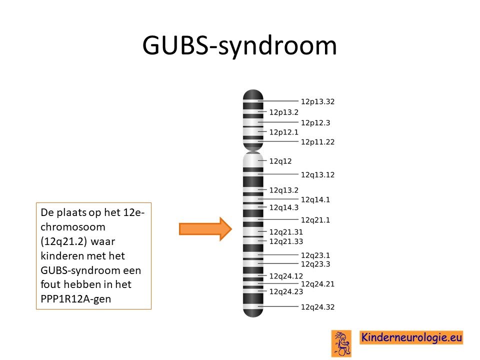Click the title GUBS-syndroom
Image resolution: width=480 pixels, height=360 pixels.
pyautogui.click(x=239, y=46)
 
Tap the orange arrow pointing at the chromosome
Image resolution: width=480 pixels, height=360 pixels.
pyautogui.click(x=205, y=229)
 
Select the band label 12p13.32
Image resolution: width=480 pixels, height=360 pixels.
pyautogui.click(x=317, y=101)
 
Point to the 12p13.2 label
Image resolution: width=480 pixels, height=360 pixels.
pyautogui.click(x=284, y=112)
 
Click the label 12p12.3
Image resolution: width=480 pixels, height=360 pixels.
pyautogui.click(x=315, y=123)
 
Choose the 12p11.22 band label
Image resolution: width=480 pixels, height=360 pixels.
pyautogui.click(x=317, y=142)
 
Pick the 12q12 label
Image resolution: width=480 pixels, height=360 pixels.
pyautogui.click(x=280, y=161)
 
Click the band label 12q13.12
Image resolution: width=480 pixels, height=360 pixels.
pyautogui.click(x=317, y=175)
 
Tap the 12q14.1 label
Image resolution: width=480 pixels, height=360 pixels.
pyautogui.click(x=315, y=200)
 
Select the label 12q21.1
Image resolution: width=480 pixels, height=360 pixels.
pyautogui.click(x=315, y=220)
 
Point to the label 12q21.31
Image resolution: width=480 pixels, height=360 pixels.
pyautogui.click(x=286, y=232)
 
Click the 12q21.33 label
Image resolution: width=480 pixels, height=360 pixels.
pyautogui.click(x=286, y=241)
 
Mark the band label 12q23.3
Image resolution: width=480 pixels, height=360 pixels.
pyautogui.click(x=315, y=264)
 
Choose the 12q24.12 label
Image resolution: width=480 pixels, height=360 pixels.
pyautogui.click(x=286, y=276)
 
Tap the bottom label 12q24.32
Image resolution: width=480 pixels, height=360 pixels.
pyautogui.click(x=317, y=307)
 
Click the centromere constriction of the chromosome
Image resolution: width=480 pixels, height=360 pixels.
pyautogui.click(x=253, y=149)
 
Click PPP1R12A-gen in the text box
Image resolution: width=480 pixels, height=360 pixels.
pyautogui.click(x=76, y=299)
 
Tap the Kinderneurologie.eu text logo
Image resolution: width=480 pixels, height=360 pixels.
pyautogui.click(x=411, y=337)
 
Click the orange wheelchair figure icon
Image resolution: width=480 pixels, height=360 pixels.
pyautogui.click(x=341, y=343)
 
